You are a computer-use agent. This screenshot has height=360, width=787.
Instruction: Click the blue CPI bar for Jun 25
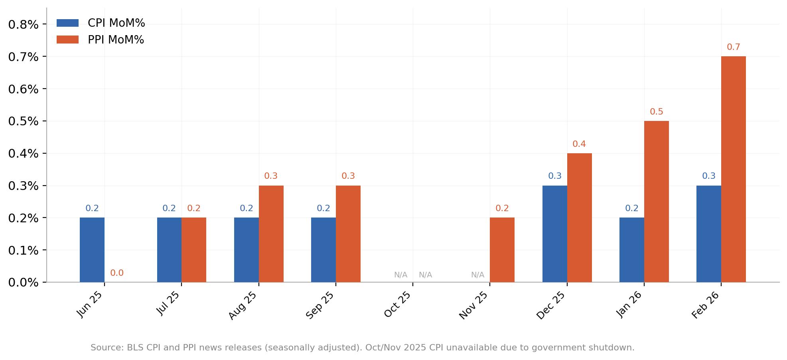[x=92, y=250]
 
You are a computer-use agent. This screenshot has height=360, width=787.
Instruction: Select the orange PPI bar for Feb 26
[x=733, y=169]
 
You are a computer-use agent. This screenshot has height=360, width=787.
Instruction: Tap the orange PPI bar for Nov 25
[x=502, y=250]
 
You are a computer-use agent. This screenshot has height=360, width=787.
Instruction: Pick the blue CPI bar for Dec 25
[x=554, y=234]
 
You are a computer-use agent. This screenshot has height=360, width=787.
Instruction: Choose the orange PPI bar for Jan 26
[x=656, y=202]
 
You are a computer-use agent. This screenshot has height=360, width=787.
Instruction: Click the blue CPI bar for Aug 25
[x=246, y=250]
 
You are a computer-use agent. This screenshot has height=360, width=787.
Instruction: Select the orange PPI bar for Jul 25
[x=194, y=250]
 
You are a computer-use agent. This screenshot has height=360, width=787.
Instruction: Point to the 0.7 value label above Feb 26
[x=733, y=47]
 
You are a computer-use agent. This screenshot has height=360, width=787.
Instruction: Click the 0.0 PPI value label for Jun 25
[x=117, y=273]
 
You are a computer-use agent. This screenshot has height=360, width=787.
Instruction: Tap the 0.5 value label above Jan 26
[x=656, y=112]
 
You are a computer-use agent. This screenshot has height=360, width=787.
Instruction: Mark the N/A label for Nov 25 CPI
[x=477, y=275]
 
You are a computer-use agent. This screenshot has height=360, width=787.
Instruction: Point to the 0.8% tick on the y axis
[x=23, y=25]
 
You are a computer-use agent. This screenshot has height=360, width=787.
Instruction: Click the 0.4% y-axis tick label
[x=23, y=154]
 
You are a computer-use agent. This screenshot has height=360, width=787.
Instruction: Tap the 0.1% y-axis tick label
[x=23, y=251]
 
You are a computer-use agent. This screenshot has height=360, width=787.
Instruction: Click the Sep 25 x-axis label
[x=320, y=305]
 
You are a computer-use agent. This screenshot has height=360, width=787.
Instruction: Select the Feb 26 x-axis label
[x=706, y=305]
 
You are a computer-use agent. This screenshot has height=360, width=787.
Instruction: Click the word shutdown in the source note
[x=614, y=348]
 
